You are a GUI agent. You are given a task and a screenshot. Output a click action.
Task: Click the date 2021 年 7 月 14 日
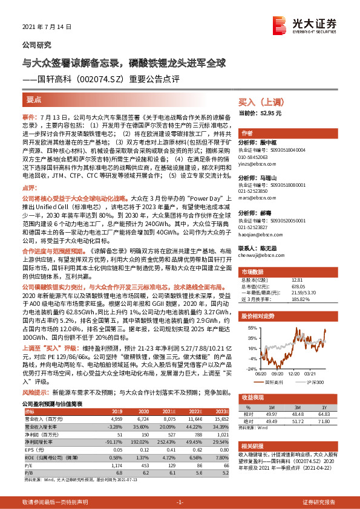tap(47, 27)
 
